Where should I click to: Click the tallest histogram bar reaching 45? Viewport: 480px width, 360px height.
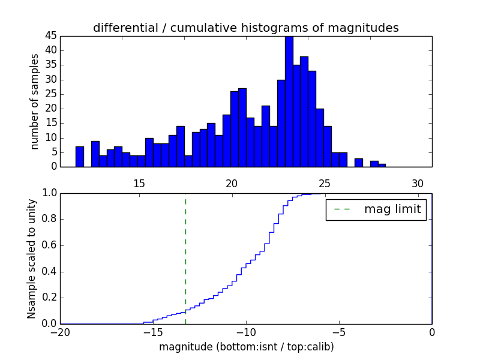(289, 102)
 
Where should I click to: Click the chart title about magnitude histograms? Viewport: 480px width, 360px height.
(245, 28)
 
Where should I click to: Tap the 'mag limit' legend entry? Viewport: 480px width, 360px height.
(376, 209)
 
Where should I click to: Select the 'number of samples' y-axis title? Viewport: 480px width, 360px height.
(35, 101)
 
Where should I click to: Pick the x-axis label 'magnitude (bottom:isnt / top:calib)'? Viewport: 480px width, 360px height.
(246, 347)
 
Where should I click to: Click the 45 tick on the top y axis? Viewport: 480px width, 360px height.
(50, 36)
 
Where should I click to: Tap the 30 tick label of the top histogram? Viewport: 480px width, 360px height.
(418, 184)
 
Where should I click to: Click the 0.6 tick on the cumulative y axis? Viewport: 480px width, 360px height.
(49, 245)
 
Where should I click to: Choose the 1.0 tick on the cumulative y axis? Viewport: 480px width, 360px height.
(49, 193)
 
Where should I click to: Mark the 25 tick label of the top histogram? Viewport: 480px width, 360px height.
(325, 184)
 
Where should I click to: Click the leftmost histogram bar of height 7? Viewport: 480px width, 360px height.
(79, 157)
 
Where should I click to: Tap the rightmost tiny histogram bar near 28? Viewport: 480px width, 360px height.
(382, 165)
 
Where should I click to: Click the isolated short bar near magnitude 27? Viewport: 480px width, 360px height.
(358, 163)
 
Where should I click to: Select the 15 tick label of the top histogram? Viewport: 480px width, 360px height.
(139, 184)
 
